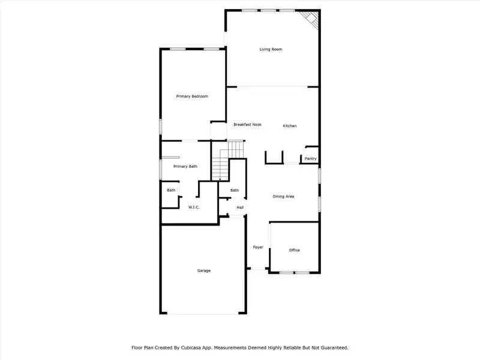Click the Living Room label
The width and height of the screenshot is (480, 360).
coord(271,49)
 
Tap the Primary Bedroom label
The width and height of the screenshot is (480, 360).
coord(192,96)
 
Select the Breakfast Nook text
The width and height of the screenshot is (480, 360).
coord(248,124)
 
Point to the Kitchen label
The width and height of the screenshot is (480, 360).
coord(290,126)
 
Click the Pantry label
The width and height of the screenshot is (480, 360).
coord(310,159)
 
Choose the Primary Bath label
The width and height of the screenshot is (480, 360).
coord(185,166)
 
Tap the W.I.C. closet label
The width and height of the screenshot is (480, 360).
coord(194,208)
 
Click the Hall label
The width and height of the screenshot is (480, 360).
coord(240,208)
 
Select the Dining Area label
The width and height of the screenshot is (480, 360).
coord(283,196)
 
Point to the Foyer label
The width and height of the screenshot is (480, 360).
coord(258,247)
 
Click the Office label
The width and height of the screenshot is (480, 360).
coord(294,250)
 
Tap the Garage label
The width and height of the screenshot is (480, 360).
coord(204,271)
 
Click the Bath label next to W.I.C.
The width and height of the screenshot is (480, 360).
coord(171,191)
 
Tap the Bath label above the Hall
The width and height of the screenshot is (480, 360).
coord(235,191)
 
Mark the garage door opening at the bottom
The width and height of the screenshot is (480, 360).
coord(203,313)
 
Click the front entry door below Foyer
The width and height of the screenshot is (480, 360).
coord(257,269)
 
